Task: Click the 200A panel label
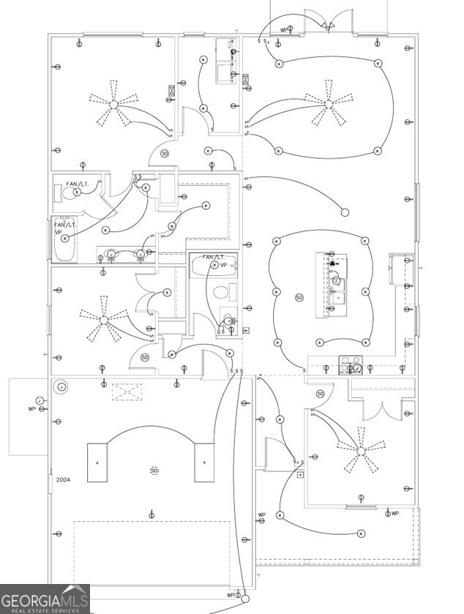click(x=63, y=480)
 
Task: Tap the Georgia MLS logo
click(x=45, y=599)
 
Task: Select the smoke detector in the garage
click(x=154, y=471)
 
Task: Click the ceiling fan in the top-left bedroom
click(x=113, y=105)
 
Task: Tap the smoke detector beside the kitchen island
click(x=299, y=297)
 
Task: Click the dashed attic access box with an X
click(x=127, y=392)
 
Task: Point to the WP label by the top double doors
click(x=283, y=30)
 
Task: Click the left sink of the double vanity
click(x=111, y=255)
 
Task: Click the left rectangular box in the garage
click(x=97, y=463)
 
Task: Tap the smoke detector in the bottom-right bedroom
click(x=321, y=394)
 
